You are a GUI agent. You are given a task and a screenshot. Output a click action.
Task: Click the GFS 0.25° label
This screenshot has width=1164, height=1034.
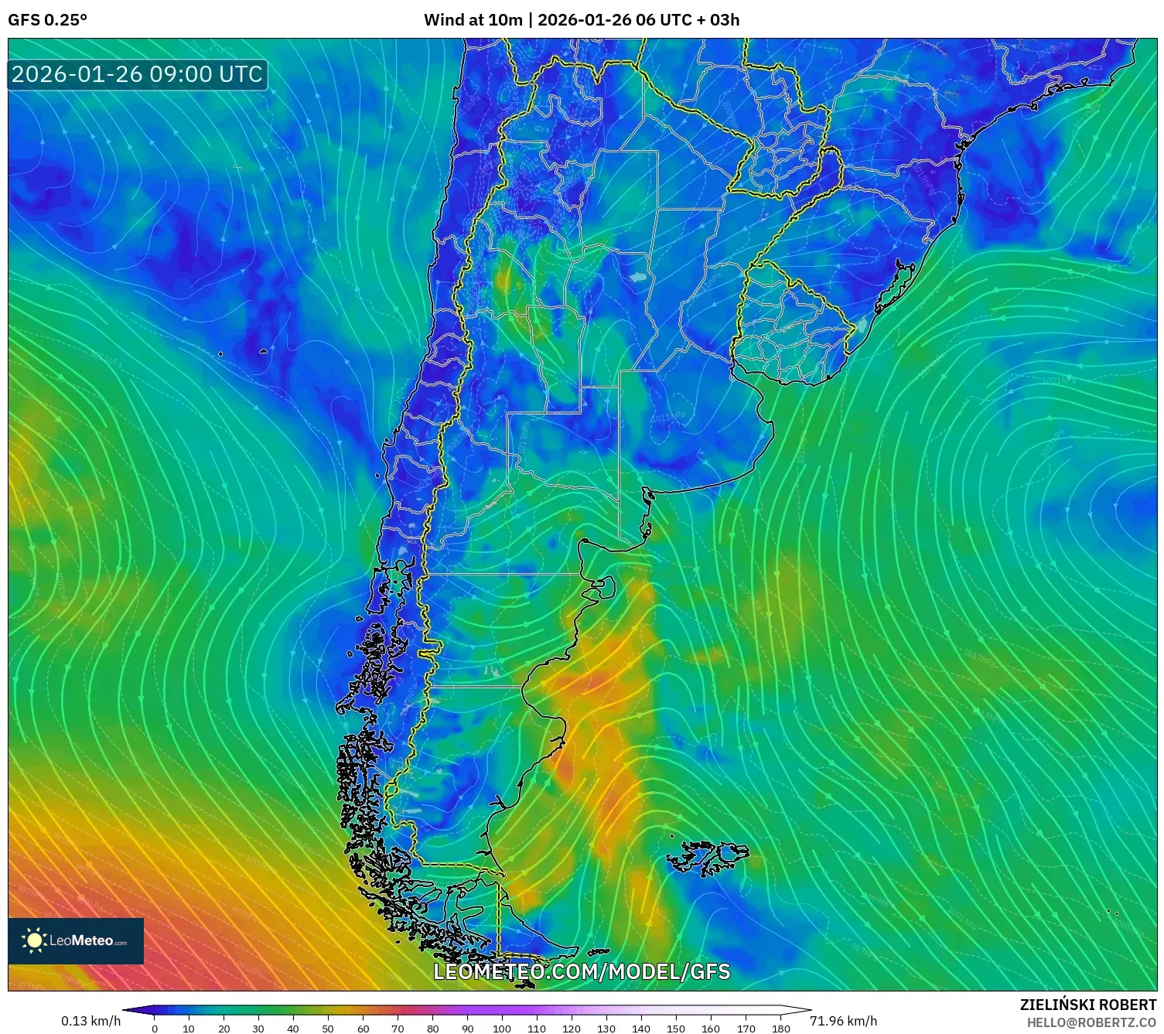click(x=47, y=20)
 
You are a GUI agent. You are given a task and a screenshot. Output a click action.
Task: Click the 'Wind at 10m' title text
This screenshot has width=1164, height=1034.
click(x=473, y=20)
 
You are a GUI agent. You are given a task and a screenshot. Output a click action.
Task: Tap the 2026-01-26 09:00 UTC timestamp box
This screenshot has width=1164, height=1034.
click(x=137, y=74)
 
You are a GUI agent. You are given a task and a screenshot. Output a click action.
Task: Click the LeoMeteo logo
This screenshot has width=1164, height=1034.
click(x=76, y=940)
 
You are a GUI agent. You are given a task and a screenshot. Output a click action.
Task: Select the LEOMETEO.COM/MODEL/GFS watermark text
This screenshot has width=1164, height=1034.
click(x=582, y=971)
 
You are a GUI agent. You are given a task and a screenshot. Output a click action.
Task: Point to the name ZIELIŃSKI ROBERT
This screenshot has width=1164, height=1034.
click(x=1087, y=1005)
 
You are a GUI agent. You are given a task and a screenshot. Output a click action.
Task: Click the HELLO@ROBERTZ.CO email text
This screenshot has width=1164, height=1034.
click(x=1091, y=1022)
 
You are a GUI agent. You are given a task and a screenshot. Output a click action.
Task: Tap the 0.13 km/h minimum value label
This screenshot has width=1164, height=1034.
click(x=90, y=1021)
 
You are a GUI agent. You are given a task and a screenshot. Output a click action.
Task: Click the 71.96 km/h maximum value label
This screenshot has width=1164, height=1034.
click(x=843, y=1021)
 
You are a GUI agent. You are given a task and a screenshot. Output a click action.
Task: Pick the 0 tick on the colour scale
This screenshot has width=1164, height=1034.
click(x=155, y=1028)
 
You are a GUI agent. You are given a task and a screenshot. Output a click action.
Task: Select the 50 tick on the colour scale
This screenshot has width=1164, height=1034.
click(x=328, y=1028)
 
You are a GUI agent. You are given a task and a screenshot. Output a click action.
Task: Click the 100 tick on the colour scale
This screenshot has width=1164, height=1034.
click(x=502, y=1028)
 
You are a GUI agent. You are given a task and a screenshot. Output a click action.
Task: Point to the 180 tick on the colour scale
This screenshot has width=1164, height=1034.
click(x=780, y=1028)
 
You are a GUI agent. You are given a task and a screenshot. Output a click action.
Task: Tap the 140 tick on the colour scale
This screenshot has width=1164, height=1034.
click(x=641, y=1028)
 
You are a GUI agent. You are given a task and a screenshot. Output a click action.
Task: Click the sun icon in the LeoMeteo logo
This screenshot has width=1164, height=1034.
click(x=34, y=940)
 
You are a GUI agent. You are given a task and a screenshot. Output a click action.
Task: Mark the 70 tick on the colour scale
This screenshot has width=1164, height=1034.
click(x=398, y=1028)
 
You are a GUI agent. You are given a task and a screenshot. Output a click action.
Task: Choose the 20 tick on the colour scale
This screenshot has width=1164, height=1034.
click(x=224, y=1028)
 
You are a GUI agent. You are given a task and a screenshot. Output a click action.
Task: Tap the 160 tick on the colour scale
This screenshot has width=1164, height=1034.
click(x=711, y=1028)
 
